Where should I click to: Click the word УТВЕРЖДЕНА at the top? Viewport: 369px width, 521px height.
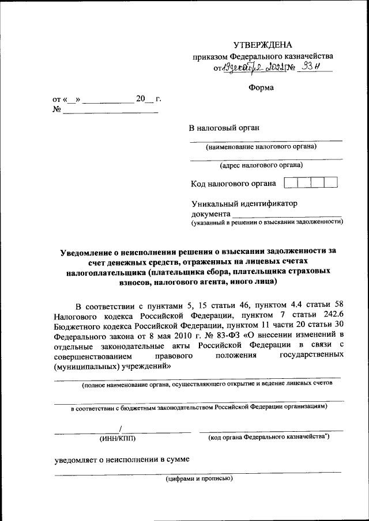pyautogui.click(x=262, y=45)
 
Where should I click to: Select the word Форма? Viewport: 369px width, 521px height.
pyautogui.click(x=262, y=88)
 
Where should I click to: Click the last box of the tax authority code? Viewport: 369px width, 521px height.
pyautogui.click(x=330, y=183)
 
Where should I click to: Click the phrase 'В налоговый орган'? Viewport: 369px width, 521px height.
pyautogui.click(x=222, y=128)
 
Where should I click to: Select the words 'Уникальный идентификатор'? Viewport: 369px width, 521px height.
pyautogui.click(x=244, y=203)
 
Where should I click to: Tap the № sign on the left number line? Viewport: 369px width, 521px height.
pyautogui.click(x=57, y=109)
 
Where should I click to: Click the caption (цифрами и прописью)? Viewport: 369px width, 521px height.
pyautogui.click(x=199, y=479)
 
